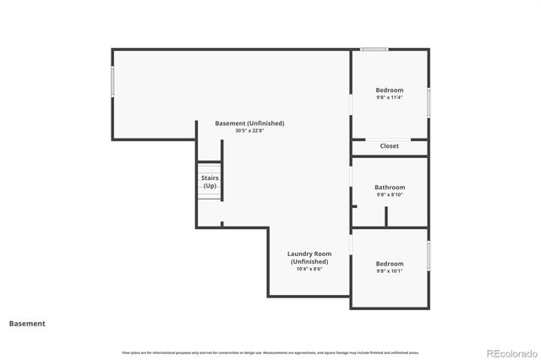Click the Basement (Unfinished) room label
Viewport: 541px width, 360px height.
[249, 123]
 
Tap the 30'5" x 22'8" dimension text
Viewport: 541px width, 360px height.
[249, 131]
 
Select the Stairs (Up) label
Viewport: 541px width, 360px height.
[210, 182]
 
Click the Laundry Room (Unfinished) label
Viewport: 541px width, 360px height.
[309, 258]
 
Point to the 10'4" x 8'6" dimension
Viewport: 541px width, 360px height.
[309, 269]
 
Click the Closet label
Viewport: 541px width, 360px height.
[389, 146]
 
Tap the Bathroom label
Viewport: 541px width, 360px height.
[390, 188]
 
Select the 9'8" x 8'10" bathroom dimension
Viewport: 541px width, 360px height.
[390, 195]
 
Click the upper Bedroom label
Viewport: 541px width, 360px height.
[390, 90]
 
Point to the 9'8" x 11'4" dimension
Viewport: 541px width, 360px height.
[390, 97]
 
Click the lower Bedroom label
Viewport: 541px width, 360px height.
[390, 264]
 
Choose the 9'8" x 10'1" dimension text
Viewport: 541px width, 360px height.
[390, 271]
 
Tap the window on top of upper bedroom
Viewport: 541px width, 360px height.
[374, 50]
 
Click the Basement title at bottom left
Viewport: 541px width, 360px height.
[27, 324]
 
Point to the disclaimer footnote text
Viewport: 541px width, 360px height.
[270, 352]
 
